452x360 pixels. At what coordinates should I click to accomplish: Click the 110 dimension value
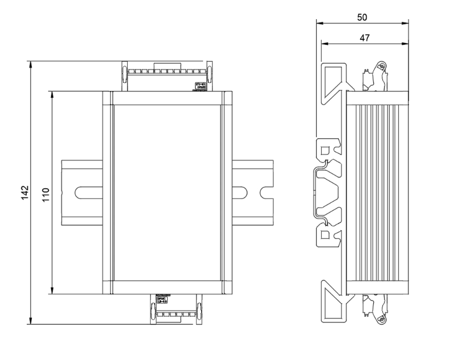(x=46, y=193)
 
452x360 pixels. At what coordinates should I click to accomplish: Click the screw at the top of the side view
(x=381, y=67)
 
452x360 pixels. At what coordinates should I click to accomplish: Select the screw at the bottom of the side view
(x=381, y=320)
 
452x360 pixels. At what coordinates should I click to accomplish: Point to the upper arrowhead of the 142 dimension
(x=31, y=64)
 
